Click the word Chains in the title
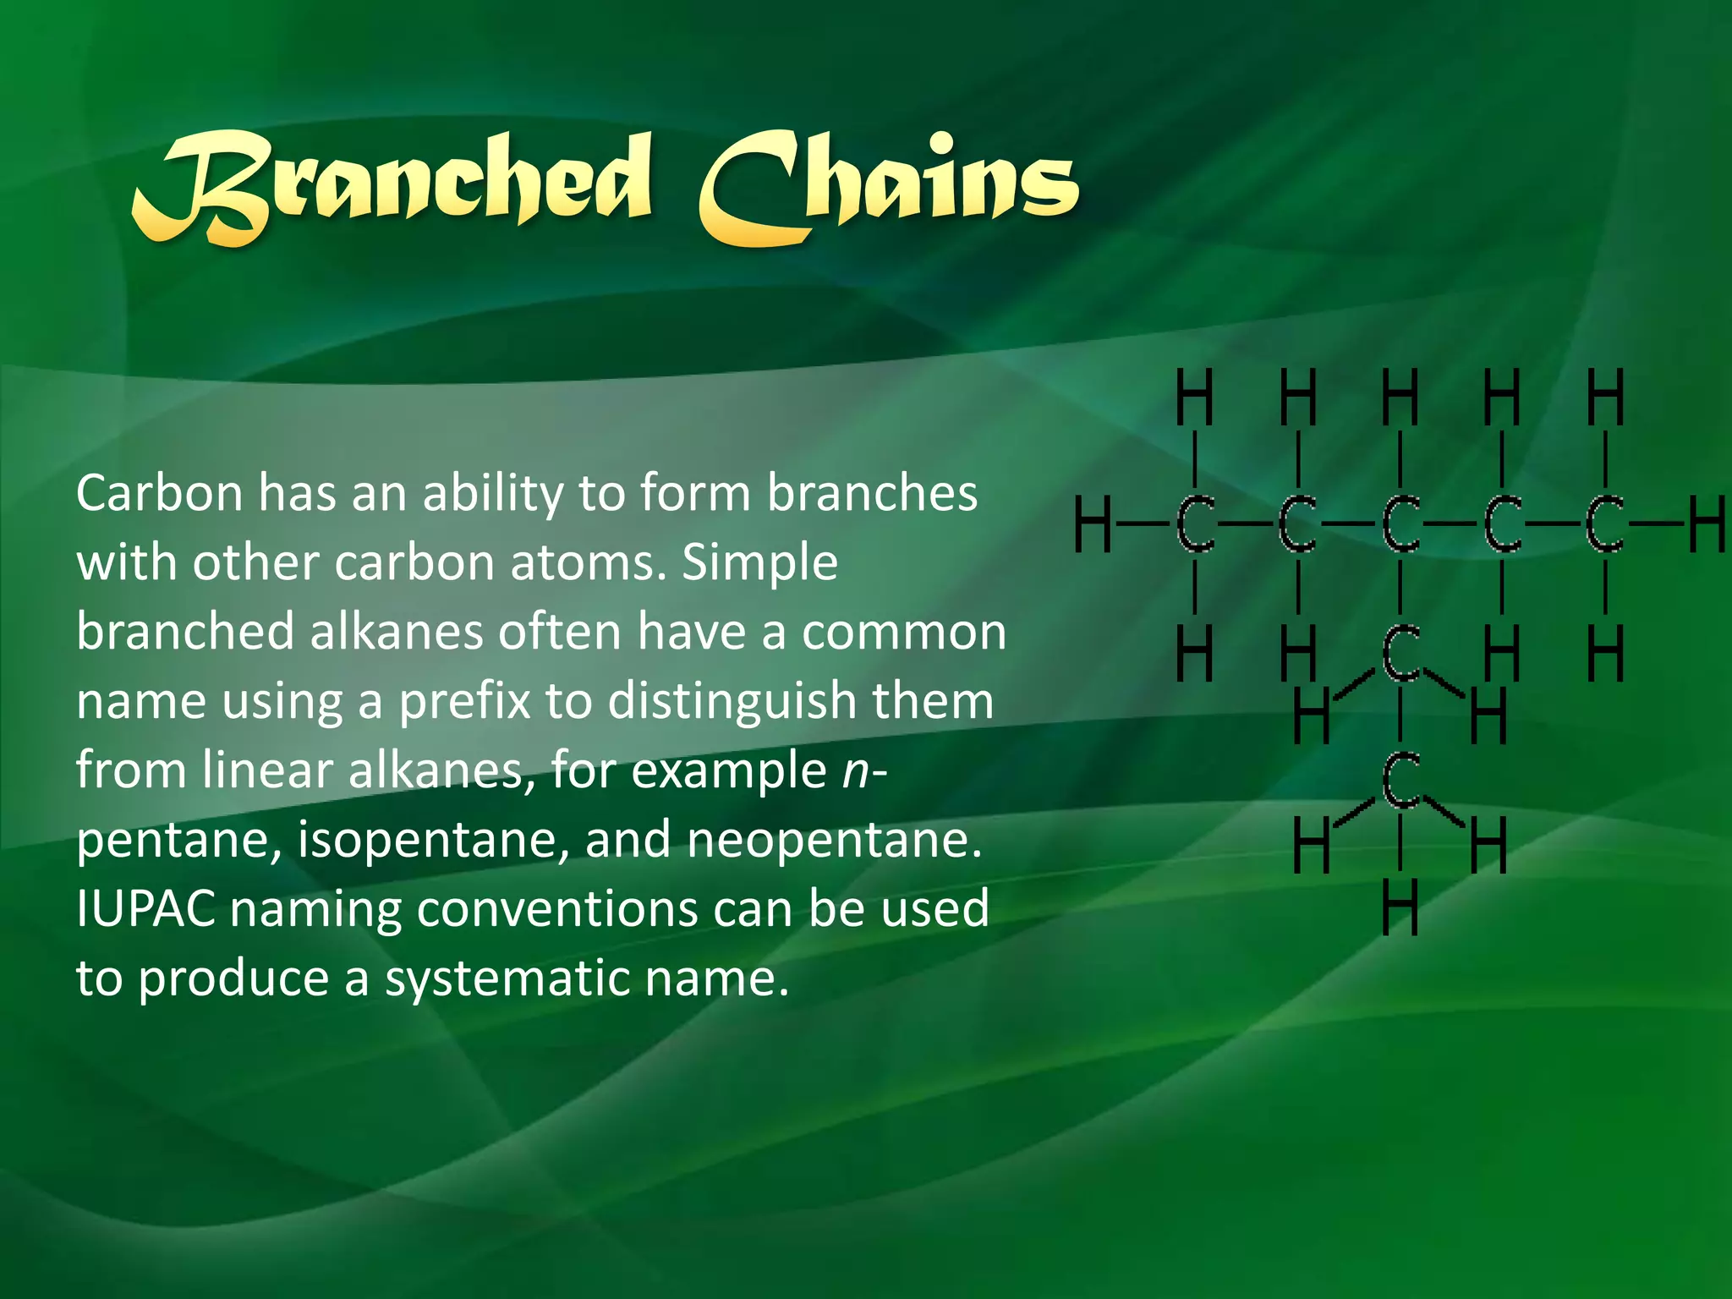(x=888, y=186)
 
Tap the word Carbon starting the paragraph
(x=160, y=492)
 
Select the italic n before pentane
(x=856, y=770)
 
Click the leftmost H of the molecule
(x=1093, y=524)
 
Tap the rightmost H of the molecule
(x=1707, y=524)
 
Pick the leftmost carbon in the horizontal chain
(x=1195, y=524)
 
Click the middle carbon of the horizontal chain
(x=1400, y=524)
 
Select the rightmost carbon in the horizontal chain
(x=1604, y=524)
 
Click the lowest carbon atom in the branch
(x=1400, y=780)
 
